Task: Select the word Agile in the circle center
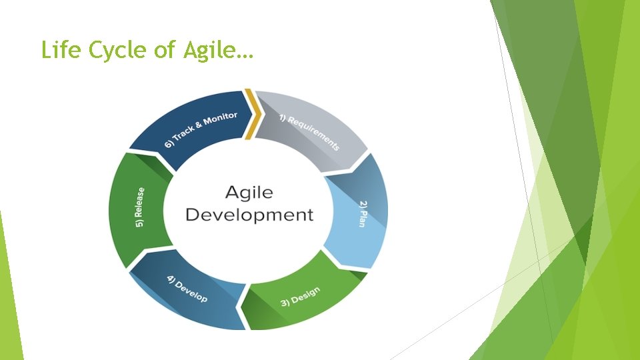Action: click(249, 193)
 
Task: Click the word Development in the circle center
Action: click(249, 215)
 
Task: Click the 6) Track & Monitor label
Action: click(201, 130)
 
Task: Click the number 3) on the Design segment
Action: click(285, 303)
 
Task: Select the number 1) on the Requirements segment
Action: click(283, 118)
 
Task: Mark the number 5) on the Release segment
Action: click(139, 224)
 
